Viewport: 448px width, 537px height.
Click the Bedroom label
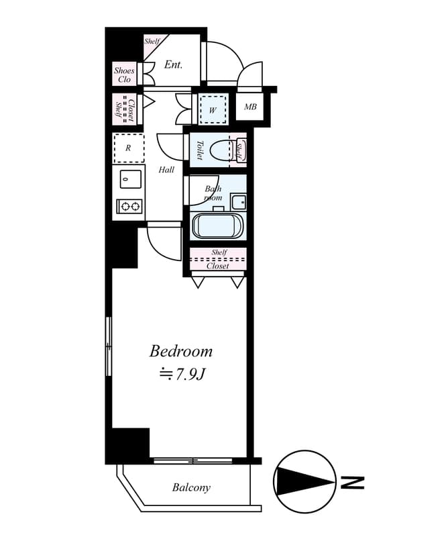[x=180, y=352]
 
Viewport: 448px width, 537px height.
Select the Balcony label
[x=191, y=487]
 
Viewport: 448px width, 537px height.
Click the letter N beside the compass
[x=353, y=482]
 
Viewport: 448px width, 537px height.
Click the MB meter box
[x=250, y=107]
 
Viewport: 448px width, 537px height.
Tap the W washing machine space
[x=213, y=109]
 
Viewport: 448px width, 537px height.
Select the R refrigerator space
[x=129, y=148]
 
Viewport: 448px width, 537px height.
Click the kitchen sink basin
[x=130, y=179]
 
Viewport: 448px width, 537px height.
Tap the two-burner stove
[x=129, y=206]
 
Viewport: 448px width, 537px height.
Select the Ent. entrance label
[x=173, y=64]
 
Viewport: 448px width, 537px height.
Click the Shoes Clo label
[x=124, y=75]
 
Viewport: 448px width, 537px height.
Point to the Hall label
[x=166, y=170]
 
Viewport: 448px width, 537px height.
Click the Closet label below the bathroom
[x=218, y=266]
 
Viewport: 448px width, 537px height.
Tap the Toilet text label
[x=200, y=150]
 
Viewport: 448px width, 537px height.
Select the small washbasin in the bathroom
[x=238, y=202]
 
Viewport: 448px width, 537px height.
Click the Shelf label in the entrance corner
[x=152, y=41]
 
